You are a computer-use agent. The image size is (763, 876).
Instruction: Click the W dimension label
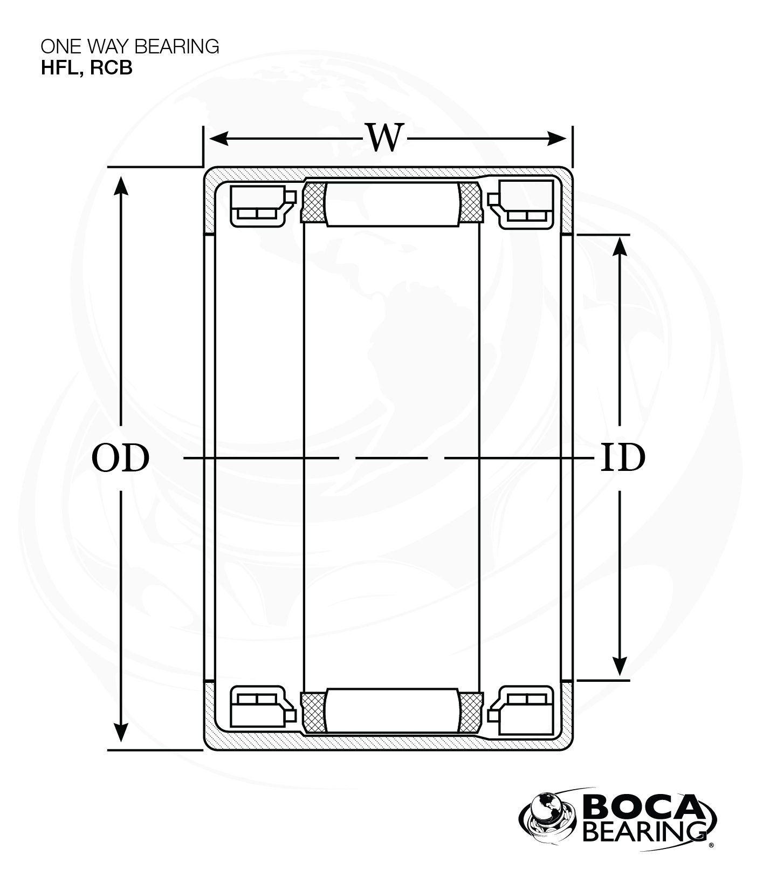[385, 138]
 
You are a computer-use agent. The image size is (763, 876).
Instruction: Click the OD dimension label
[120, 458]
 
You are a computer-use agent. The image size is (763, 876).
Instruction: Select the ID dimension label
[623, 458]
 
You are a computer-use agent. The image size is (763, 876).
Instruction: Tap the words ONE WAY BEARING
[130, 46]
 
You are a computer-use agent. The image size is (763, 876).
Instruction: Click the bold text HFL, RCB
[87, 69]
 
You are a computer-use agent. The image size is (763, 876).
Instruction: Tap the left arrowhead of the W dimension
[218, 139]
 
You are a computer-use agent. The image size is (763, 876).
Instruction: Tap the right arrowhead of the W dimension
[557, 139]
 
